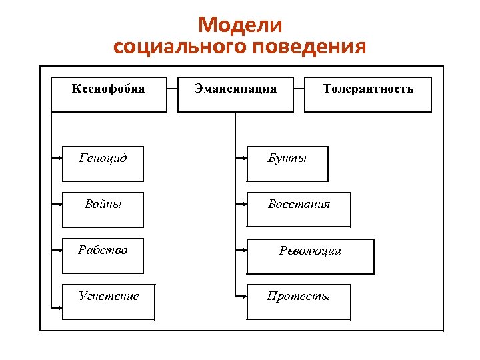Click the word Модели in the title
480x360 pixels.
(240, 25)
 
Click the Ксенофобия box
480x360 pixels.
(109, 94)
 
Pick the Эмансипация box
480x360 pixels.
(235, 94)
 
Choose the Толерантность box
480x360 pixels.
(367, 94)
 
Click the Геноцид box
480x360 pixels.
(103, 163)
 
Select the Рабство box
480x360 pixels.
(103, 255)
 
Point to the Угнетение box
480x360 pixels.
(109, 302)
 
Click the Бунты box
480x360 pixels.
(287, 163)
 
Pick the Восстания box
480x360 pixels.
(299, 209)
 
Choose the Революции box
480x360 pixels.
(310, 255)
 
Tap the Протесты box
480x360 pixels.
(299, 302)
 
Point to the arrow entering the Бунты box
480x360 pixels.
(241, 159)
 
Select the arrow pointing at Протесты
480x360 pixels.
(241, 297)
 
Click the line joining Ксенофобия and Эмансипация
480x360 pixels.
(172, 87)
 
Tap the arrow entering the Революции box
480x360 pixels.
(241, 251)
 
